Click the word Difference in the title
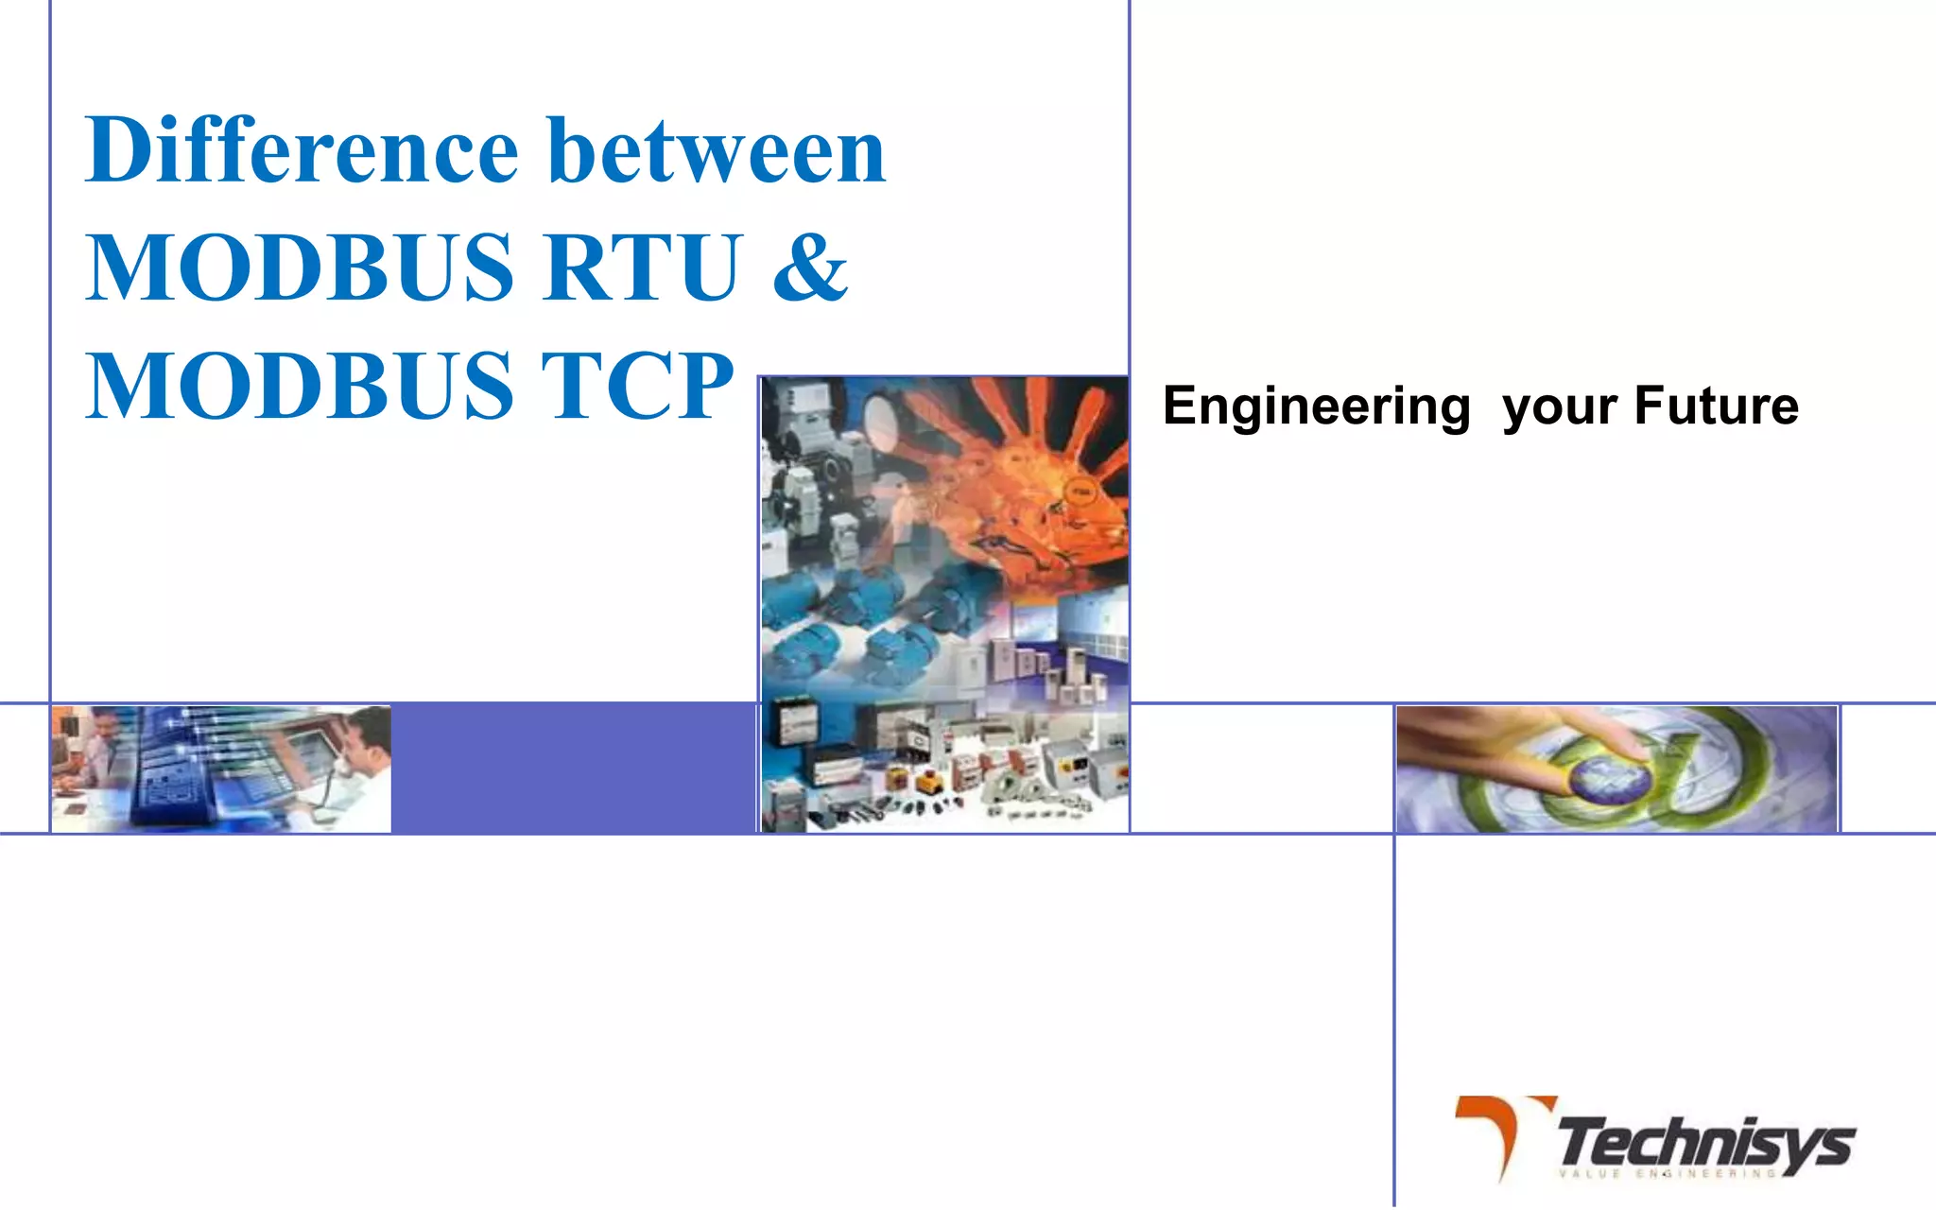click(301, 151)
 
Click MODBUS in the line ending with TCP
click(301, 386)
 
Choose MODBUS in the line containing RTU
click(301, 268)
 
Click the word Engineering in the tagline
click(1316, 406)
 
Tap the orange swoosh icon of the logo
click(1498, 1130)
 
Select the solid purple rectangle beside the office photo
click(573, 768)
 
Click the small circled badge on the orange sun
click(1080, 493)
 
